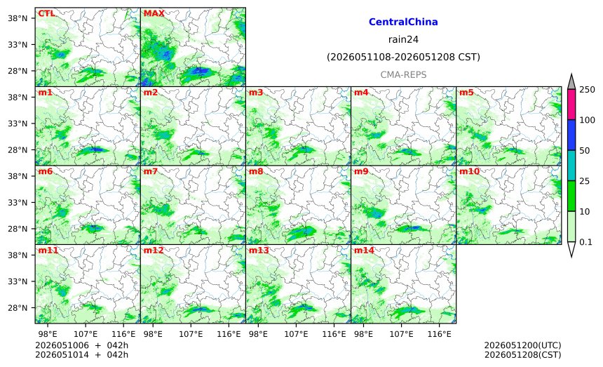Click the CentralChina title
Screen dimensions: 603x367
point(403,22)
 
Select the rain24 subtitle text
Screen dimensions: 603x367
point(403,39)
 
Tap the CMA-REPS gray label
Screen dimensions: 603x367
point(403,74)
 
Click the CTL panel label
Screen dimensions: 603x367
point(46,13)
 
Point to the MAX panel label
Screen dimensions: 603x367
point(154,13)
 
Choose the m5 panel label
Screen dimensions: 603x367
point(466,93)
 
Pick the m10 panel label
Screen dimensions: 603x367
point(469,171)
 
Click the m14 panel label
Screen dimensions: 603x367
point(364,251)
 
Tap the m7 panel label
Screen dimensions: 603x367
point(150,171)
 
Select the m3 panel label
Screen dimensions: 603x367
point(256,93)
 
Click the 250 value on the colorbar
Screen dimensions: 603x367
point(588,90)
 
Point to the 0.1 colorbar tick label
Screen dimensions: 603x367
point(585,242)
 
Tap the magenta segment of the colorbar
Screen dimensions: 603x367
point(571,105)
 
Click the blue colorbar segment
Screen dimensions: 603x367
point(571,135)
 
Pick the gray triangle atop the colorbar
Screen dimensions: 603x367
point(571,81)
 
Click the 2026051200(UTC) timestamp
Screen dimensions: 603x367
point(522,345)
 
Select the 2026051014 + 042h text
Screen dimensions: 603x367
point(81,354)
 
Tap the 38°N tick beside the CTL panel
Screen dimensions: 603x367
point(18,18)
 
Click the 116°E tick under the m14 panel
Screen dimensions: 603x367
point(439,334)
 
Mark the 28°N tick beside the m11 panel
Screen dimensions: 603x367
point(18,308)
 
